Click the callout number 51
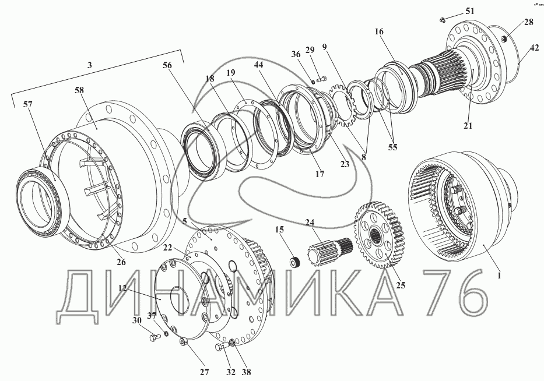tap(470, 11)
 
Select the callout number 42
tap(535, 48)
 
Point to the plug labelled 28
tap(505, 39)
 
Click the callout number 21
tap(468, 125)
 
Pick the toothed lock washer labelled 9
tap(343, 106)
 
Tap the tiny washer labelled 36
tap(313, 82)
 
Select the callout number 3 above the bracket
tap(90, 65)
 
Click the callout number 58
tap(79, 90)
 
